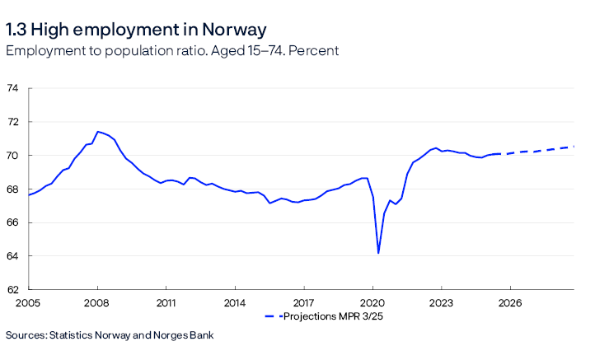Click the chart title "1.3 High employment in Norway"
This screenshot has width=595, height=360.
(x=136, y=30)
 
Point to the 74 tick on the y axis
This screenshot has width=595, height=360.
(x=13, y=88)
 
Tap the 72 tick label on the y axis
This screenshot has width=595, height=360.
(x=13, y=122)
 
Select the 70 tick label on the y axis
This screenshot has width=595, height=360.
(x=13, y=156)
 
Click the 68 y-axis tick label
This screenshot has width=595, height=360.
(x=13, y=189)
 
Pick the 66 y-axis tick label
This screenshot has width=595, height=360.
(x=13, y=222)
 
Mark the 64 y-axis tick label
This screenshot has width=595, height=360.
(x=13, y=256)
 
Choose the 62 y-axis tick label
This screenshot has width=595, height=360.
(x=13, y=290)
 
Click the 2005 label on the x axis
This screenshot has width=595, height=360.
(x=28, y=302)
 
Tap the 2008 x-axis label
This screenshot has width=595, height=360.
(x=97, y=302)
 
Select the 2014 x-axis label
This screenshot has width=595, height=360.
(x=235, y=302)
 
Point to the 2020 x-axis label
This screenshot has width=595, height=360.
(x=372, y=302)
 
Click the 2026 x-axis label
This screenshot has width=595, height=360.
(x=510, y=302)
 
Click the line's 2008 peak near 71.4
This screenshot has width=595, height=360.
(x=98, y=132)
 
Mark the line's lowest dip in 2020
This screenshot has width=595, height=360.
(x=378, y=253)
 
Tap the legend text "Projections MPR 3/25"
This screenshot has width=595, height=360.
(x=329, y=316)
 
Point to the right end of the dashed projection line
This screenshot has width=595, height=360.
(x=574, y=147)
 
